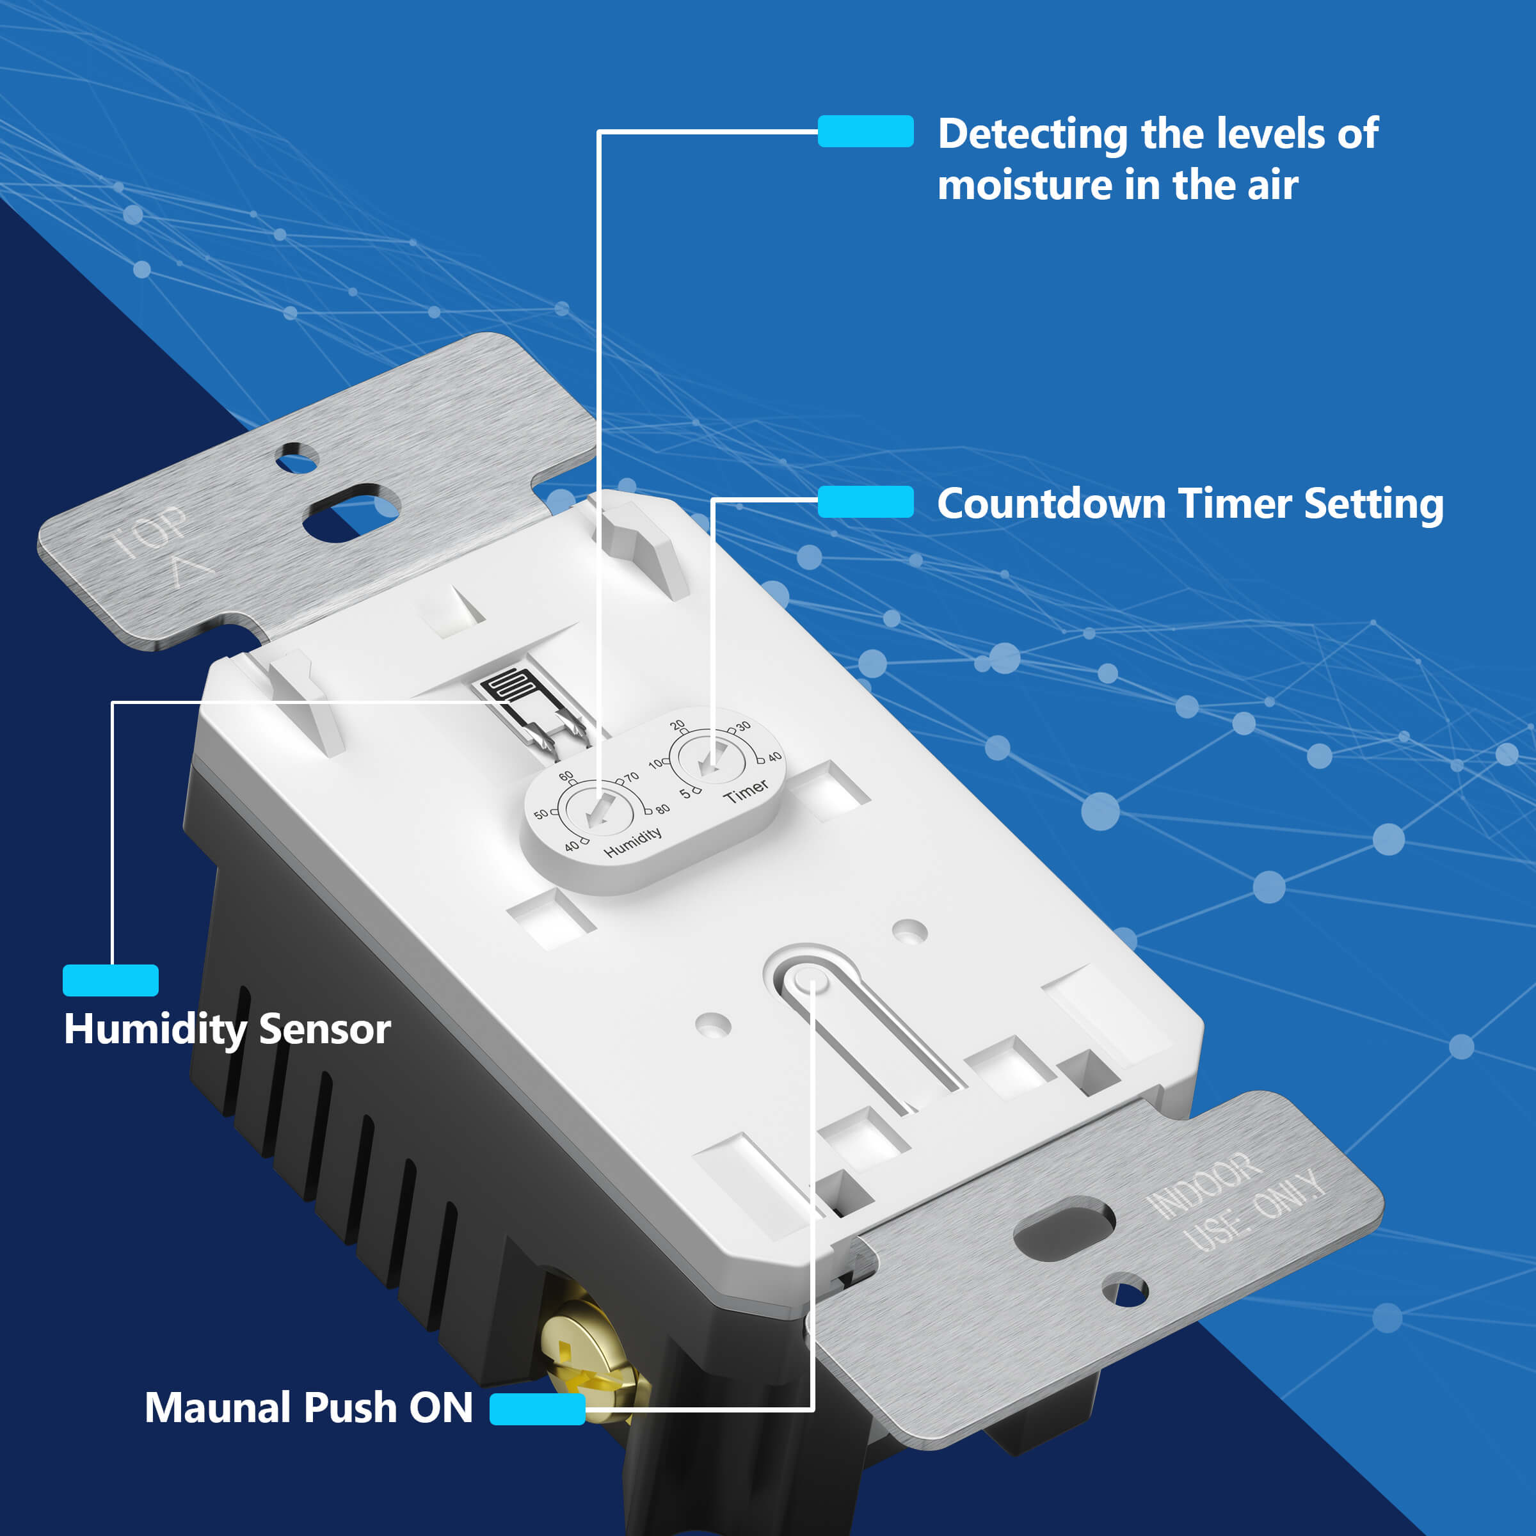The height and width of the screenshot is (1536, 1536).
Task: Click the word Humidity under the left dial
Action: [633, 842]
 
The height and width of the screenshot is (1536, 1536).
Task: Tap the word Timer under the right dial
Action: [746, 790]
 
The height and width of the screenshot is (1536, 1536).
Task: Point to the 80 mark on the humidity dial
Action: [662, 808]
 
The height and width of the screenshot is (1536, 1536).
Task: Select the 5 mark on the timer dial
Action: [685, 794]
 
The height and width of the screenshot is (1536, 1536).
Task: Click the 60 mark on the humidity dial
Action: [566, 776]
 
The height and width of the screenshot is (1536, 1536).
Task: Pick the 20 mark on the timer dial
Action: [676, 725]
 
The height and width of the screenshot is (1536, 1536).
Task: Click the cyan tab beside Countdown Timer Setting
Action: [865, 502]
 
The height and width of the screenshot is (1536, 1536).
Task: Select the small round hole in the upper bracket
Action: [296, 459]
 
